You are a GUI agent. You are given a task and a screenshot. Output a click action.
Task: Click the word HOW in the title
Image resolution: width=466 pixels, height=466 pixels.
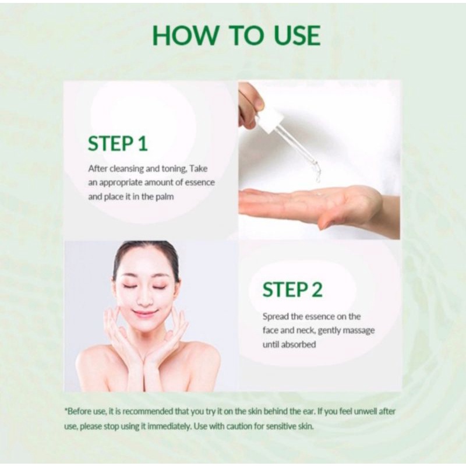pos(185,36)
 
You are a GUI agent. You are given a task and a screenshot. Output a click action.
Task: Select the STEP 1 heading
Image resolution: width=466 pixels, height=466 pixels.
pos(118,143)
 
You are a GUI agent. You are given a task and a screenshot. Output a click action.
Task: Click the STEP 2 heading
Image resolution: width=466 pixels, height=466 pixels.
pos(292,290)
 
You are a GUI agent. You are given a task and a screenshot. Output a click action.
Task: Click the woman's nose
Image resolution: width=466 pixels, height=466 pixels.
pos(146,299)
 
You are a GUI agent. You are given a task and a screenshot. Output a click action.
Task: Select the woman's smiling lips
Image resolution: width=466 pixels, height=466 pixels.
pos(145,313)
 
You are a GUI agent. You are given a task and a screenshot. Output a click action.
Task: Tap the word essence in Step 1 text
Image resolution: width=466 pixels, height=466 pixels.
pos(200,182)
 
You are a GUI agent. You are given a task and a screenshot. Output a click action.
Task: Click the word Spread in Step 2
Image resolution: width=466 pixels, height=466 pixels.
pos(276,317)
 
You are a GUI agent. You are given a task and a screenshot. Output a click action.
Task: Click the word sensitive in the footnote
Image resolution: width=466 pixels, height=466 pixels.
pos(280,427)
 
